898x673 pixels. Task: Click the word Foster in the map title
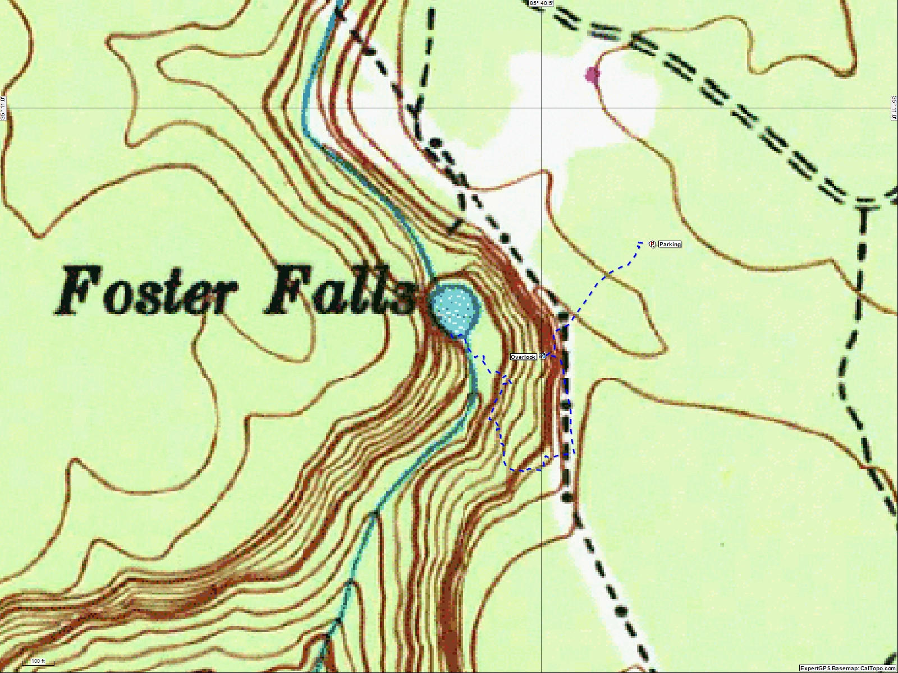[143, 292]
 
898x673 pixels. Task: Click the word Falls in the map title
[340, 292]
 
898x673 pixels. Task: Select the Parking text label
[670, 244]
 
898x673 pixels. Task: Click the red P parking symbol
[652, 244]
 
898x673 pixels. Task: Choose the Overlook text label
[523, 357]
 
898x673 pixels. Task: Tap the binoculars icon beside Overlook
[542, 356]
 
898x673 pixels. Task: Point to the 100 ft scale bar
[38, 662]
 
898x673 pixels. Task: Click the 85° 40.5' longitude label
[541, 3]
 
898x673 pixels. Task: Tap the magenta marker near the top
[592, 75]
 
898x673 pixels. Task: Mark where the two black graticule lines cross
[541, 107]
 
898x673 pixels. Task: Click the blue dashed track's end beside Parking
[641, 242]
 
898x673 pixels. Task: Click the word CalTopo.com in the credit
[878, 669]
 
